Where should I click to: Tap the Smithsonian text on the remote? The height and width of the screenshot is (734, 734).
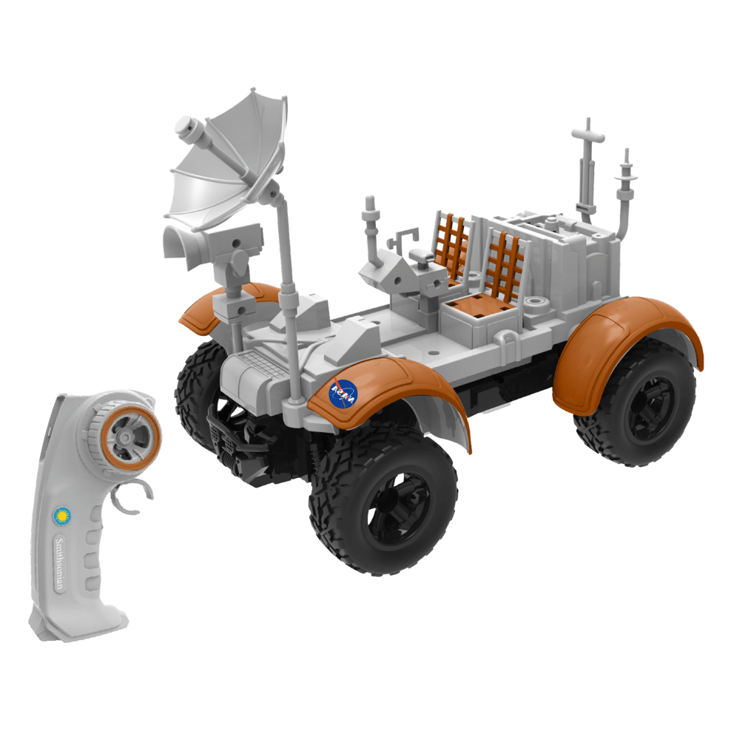point(58,562)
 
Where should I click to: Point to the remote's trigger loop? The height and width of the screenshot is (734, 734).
point(132,497)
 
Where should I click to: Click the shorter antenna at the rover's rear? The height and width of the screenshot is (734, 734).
point(625,185)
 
